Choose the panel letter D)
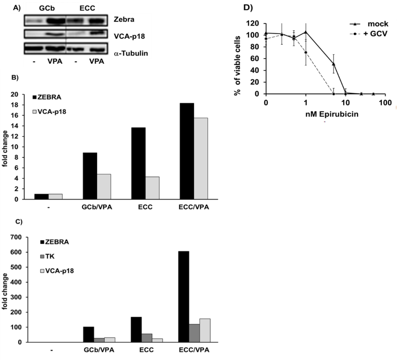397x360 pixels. [247, 7]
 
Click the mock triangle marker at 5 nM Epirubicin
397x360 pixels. [333, 64]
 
